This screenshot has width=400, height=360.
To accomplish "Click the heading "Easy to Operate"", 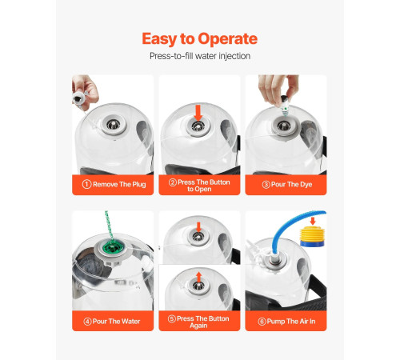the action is click(199, 39).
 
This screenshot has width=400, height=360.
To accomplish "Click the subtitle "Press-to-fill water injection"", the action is click(200, 56).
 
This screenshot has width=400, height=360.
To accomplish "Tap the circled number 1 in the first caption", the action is click(86, 184).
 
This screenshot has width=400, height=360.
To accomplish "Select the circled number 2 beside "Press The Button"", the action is click(173, 182).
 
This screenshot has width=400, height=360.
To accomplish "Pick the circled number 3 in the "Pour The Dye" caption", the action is click(266, 185).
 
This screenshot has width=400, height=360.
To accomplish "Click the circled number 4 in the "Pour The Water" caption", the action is click(87, 322).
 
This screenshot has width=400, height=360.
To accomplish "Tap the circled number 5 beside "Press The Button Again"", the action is click(172, 318).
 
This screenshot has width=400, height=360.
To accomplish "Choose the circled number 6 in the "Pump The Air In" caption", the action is click(262, 322).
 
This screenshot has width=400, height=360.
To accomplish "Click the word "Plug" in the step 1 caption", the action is click(139, 185).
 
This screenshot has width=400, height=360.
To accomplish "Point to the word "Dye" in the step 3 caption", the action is click(306, 185).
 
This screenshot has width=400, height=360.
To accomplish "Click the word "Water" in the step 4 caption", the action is click(131, 322).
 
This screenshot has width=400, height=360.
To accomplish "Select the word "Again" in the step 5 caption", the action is click(198, 326).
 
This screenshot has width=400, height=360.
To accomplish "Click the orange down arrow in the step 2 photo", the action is click(198, 113).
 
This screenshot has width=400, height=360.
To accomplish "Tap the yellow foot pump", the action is click(312, 236).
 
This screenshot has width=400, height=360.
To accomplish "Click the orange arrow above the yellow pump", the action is click(313, 221).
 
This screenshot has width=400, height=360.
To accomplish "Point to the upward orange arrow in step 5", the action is click(198, 277).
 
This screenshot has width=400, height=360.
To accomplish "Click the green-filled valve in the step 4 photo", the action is click(112, 248).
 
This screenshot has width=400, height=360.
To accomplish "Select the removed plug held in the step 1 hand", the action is click(78, 98).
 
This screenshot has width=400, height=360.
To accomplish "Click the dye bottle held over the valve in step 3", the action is click(284, 106).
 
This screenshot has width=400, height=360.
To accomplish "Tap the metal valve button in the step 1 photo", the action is click(114, 124).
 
